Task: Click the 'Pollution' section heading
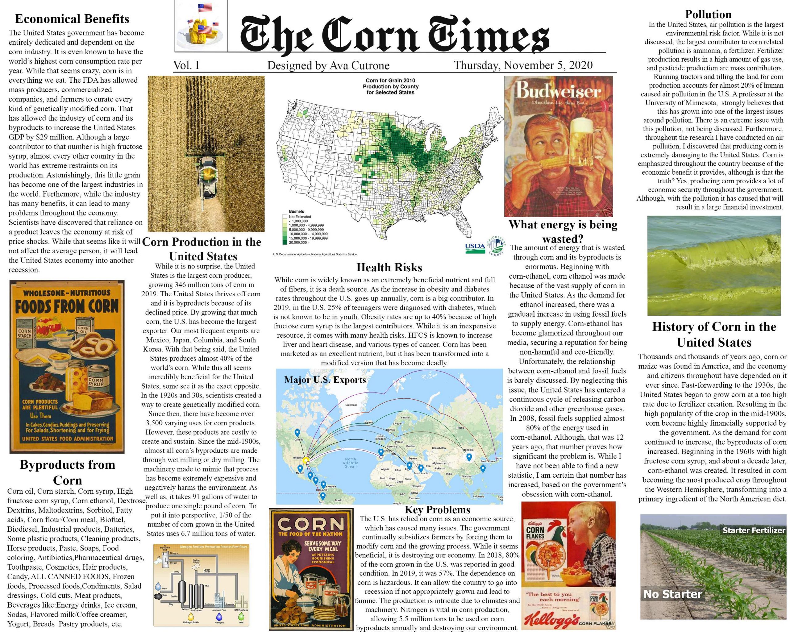pyautogui.click(x=708, y=15)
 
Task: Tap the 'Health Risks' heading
pyautogui.click(x=389, y=268)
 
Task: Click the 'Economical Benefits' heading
pyautogui.click(x=72, y=19)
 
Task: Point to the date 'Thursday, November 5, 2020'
pyautogui.click(x=523, y=65)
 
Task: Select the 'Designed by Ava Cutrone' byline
pyautogui.click(x=328, y=66)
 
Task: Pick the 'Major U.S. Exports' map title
pyautogui.click(x=325, y=380)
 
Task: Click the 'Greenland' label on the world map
pyautogui.click(x=351, y=405)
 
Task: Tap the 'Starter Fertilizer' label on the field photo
pyautogui.click(x=754, y=530)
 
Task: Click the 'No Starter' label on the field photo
pyautogui.click(x=672, y=594)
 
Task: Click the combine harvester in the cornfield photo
pyautogui.click(x=206, y=180)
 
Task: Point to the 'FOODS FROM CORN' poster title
pyautogui.click(x=66, y=306)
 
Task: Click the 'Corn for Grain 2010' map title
pyautogui.click(x=390, y=80)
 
